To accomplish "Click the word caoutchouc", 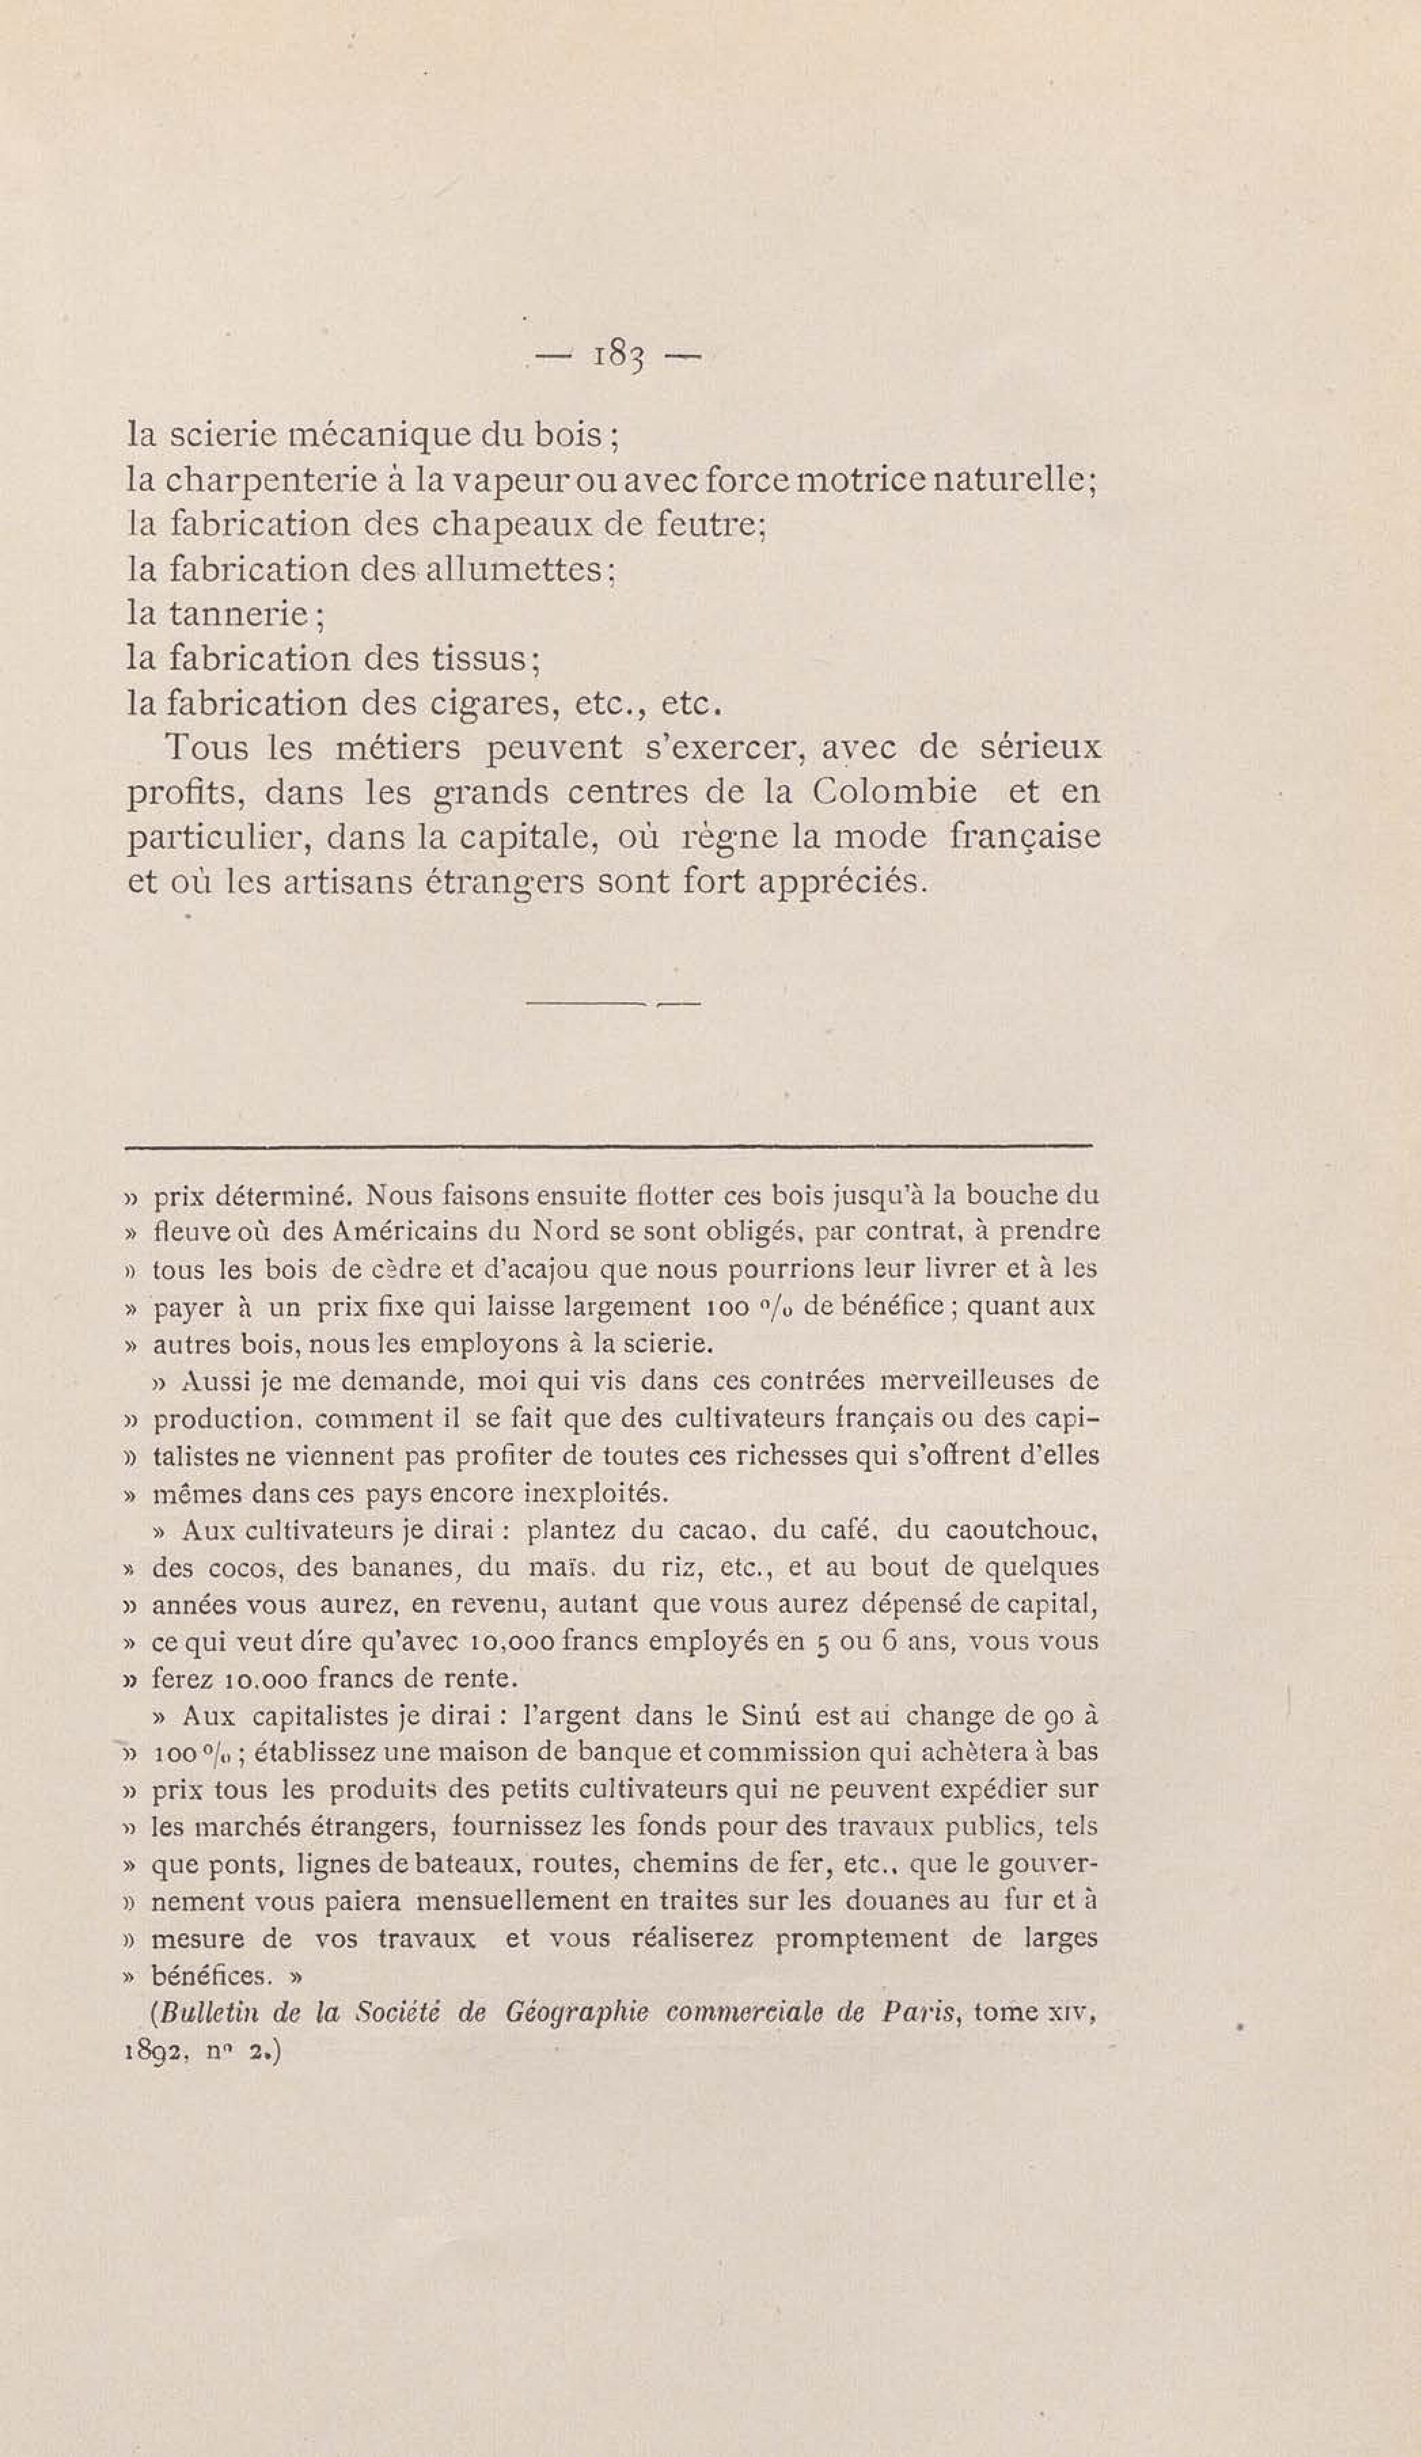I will (x=1022, y=1531).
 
